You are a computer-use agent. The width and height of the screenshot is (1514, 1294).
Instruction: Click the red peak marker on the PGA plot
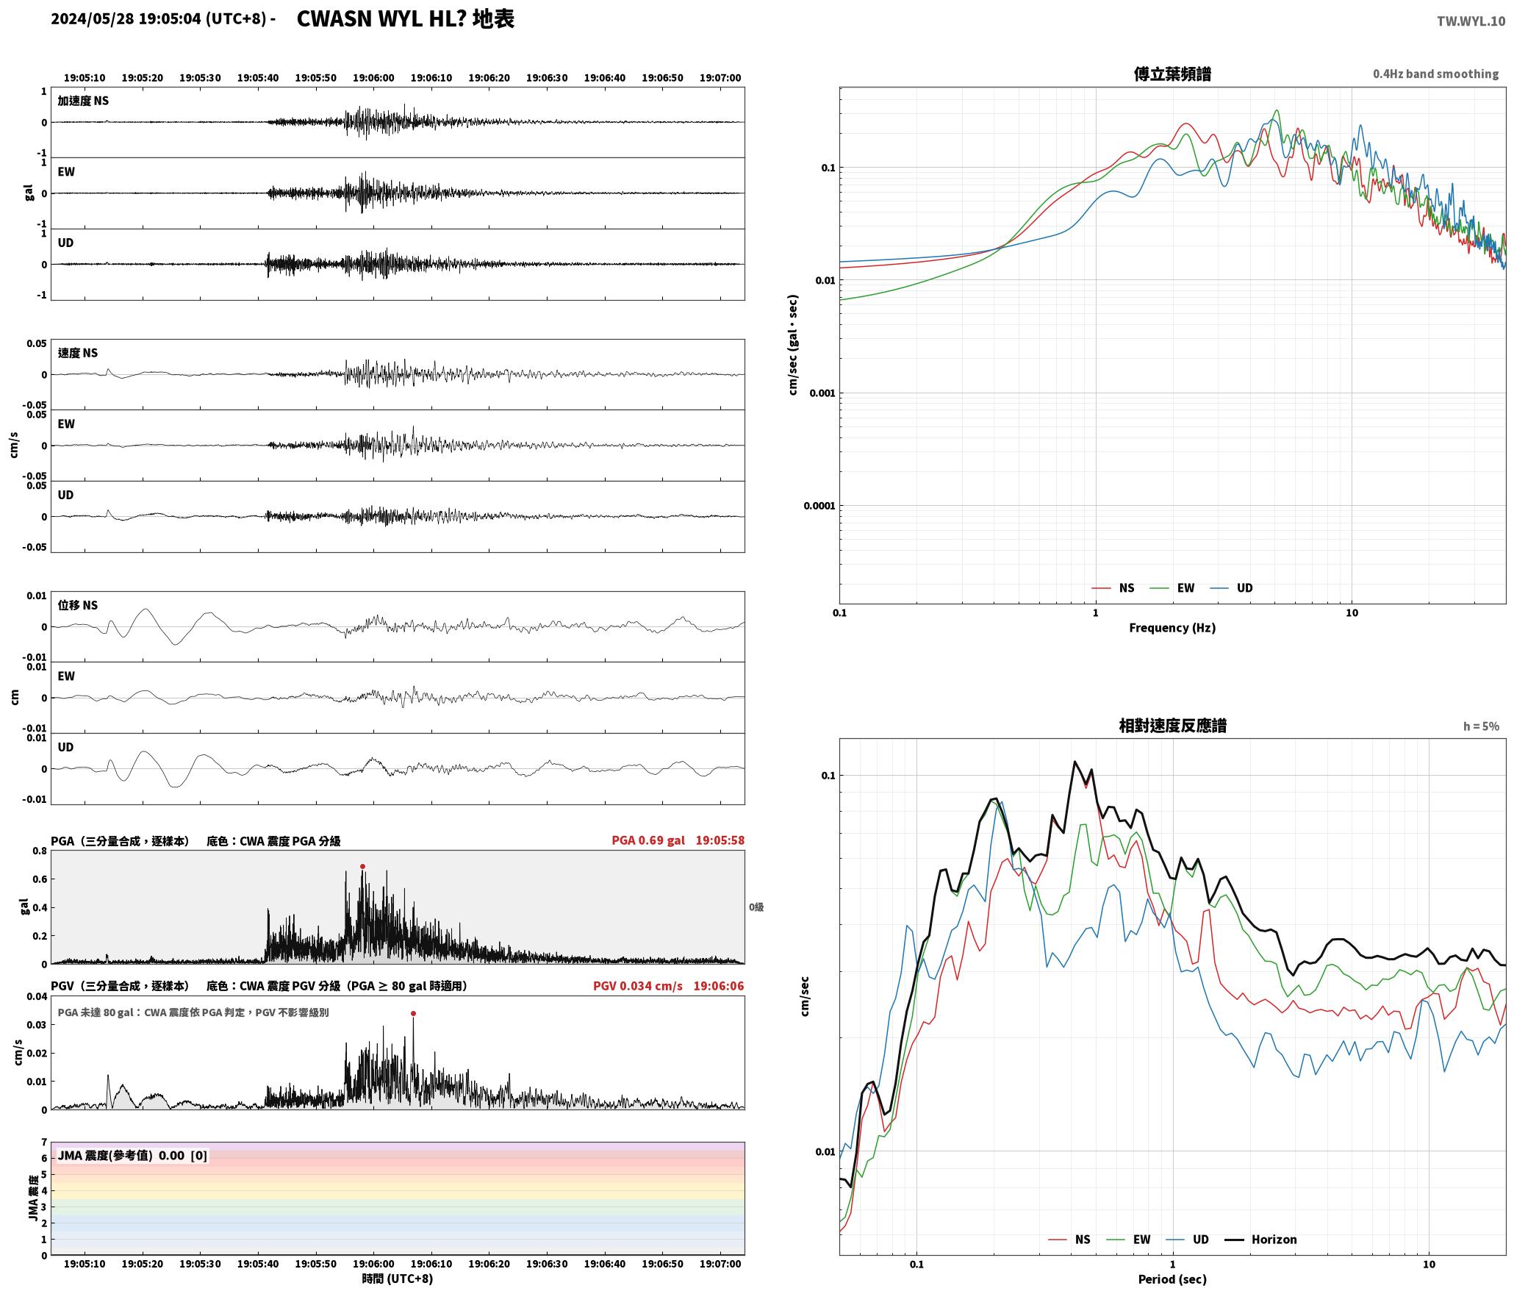362,866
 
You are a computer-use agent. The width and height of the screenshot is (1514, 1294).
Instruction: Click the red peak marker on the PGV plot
413,1013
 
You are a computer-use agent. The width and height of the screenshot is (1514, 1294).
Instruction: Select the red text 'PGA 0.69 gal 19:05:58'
678,840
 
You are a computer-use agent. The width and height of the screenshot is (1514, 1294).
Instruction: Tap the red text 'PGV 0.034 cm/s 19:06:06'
669,986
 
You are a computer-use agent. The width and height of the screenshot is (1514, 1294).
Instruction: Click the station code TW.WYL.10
1471,21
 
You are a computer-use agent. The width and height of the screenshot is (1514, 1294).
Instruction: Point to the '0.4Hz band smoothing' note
1435,74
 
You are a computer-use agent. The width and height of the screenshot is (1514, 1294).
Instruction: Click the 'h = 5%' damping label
1481,726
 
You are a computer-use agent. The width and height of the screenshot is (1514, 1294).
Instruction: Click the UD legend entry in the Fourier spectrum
1232,588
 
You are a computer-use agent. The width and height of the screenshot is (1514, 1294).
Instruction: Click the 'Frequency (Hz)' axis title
1172,628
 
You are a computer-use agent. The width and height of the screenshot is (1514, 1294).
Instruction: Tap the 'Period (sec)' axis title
1172,1279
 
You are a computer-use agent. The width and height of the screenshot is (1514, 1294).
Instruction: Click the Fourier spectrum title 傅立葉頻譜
1172,74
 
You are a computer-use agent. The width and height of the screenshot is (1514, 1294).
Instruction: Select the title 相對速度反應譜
1172,726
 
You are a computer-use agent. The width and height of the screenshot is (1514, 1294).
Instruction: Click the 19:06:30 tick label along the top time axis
547,78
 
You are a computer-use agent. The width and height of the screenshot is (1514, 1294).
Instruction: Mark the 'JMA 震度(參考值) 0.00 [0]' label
132,1156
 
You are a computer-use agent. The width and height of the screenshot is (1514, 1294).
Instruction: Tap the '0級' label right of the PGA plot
756,907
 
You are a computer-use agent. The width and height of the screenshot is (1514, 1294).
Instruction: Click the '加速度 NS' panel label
83,101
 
